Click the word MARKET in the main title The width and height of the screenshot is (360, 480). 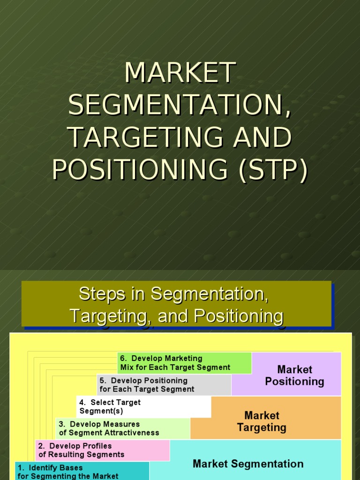pos(180,73)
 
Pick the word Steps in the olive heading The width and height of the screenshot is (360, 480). pos(102,294)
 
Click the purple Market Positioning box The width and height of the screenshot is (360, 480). pos(286,374)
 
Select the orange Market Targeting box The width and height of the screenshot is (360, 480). pos(266,418)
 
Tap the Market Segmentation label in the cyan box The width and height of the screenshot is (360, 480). pos(248,464)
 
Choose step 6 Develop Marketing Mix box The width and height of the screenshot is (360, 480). pos(185,363)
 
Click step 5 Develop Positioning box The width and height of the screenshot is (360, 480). pos(164,385)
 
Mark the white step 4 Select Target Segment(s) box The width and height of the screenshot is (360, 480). pos(143,407)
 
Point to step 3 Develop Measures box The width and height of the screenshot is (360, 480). pos(123,428)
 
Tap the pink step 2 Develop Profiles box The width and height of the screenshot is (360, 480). pos(103,450)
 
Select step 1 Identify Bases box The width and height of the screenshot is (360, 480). pos(82,471)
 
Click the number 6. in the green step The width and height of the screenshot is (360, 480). pos(123,359)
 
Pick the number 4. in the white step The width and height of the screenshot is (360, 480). pos(82,402)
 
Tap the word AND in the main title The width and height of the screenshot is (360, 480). pos(262,137)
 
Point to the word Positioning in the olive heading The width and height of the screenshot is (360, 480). pos(239,316)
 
